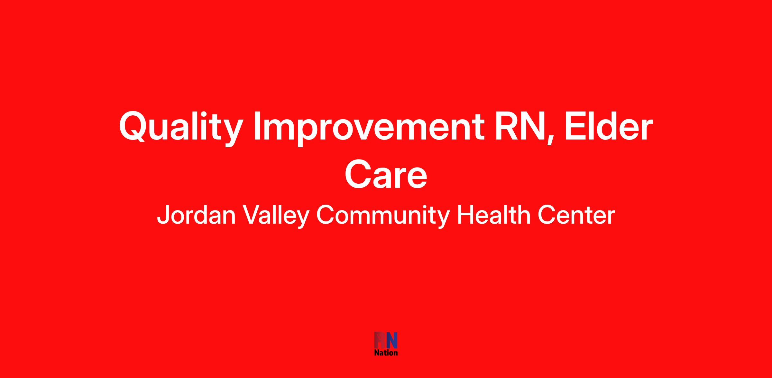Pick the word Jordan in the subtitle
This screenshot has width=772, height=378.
[197, 215]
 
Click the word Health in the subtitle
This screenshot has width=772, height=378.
[493, 215]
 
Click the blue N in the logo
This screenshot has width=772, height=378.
[392, 340]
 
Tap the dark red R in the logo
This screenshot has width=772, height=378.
[380, 340]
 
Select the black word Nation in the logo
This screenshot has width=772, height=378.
[386, 353]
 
